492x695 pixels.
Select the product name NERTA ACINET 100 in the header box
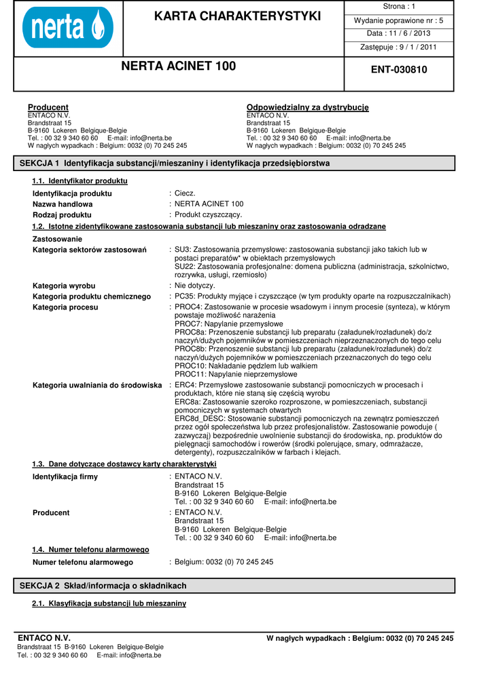pyautogui.click(x=179, y=66)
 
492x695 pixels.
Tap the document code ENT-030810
pyautogui.click(x=399, y=69)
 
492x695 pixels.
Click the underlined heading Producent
pyautogui.click(x=48, y=107)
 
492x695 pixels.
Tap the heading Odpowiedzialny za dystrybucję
pyautogui.click(x=307, y=107)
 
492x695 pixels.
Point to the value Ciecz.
pyautogui.click(x=185, y=193)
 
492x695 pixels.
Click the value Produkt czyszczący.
pyautogui.click(x=208, y=214)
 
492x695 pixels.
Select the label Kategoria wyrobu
pyautogui.click(x=64, y=286)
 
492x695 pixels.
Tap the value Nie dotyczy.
pyautogui.click(x=194, y=286)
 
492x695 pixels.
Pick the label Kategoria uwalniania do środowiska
pyautogui.click(x=97, y=386)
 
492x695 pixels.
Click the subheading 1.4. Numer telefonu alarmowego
pyautogui.click(x=90, y=549)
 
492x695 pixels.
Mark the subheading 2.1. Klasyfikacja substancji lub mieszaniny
pyautogui.click(x=109, y=603)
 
